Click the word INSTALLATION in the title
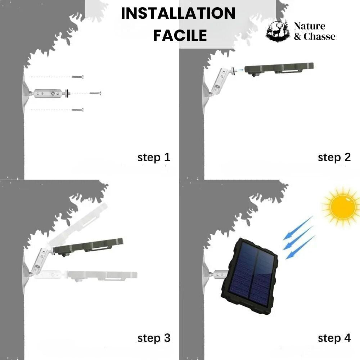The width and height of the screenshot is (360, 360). click(x=178, y=14)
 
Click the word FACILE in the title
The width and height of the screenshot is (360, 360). click(x=180, y=36)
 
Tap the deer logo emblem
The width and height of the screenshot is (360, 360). click(x=278, y=31)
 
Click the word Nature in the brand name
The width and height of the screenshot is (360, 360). click(x=310, y=26)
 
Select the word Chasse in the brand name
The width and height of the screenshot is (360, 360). click(x=319, y=36)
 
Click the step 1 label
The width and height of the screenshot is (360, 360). click(x=154, y=157)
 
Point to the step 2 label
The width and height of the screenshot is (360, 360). click(x=334, y=157)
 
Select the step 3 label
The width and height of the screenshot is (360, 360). click(x=154, y=338)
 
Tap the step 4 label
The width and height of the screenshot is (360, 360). click(x=334, y=338)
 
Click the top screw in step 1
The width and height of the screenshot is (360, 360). click(x=77, y=77)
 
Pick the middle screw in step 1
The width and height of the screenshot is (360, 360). click(x=95, y=93)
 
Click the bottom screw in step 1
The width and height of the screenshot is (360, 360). click(x=77, y=109)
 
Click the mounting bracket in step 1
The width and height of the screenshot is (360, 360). click(x=50, y=94)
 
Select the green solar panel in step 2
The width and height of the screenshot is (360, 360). click(x=279, y=68)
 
